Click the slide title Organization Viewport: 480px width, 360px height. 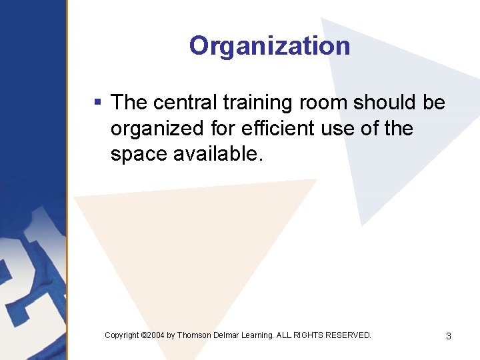pyautogui.click(x=269, y=46)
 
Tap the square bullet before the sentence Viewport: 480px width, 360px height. pyautogui.click(x=97, y=103)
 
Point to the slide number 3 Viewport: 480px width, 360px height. pyautogui.click(x=448, y=336)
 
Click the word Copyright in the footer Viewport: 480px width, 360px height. pyautogui.click(x=122, y=335)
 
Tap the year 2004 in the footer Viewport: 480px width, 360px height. pyautogui.click(x=155, y=335)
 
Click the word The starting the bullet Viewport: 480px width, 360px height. pyautogui.click(x=129, y=103)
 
